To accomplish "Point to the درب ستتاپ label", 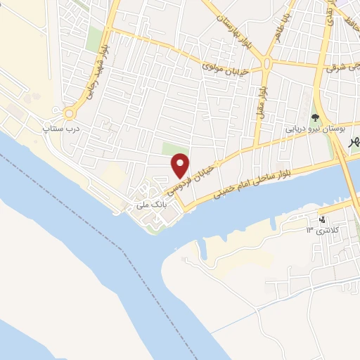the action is pyautogui.click(x=60, y=129).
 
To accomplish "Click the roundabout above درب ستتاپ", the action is pyautogui.click(x=70, y=112).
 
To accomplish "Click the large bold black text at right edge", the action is pyautogui.click(x=354, y=142).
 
